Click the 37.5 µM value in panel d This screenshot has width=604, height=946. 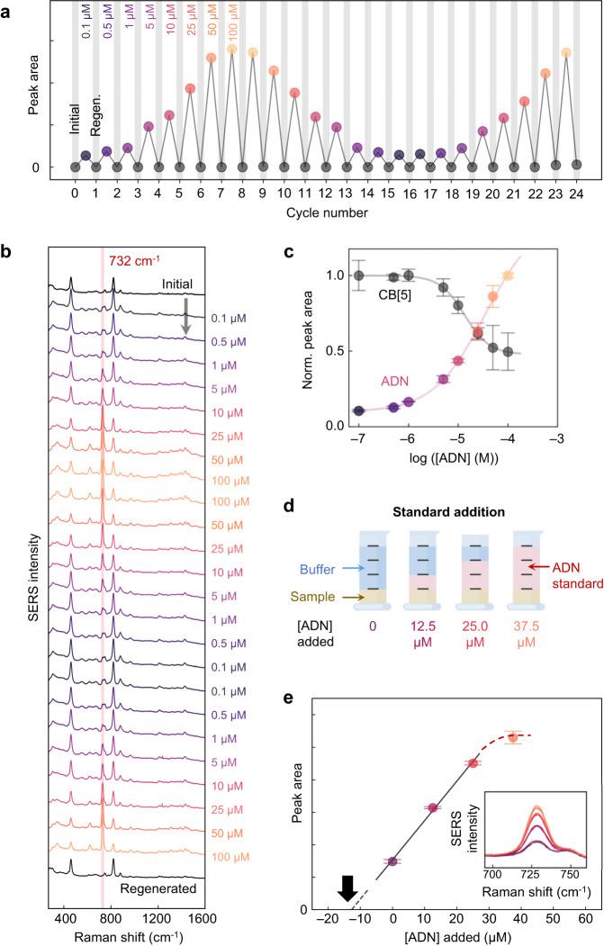[535, 656]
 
